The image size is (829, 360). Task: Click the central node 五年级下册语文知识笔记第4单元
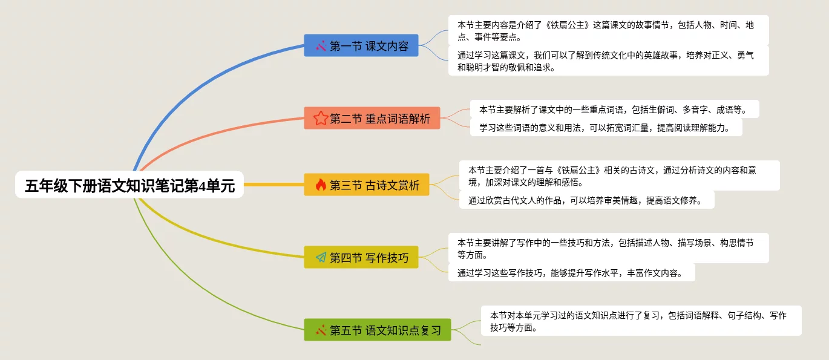[129, 185]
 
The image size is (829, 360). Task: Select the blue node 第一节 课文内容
[361, 45]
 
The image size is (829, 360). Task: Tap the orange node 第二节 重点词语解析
[372, 118]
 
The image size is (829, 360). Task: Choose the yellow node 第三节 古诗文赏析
[366, 185]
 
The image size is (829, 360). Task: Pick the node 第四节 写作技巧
[361, 257]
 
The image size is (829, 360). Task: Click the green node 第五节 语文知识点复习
[378, 330]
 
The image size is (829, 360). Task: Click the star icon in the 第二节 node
[321, 119]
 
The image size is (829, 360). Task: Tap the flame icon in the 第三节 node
[321, 185]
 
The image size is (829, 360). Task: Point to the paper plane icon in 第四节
[321, 257]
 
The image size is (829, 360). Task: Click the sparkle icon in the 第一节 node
[321, 45]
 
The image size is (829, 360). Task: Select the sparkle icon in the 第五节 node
[321, 330]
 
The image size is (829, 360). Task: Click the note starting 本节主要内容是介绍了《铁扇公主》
[608, 30]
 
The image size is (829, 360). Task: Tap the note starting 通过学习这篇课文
[608, 61]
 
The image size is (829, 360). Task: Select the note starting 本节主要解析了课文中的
[614, 109]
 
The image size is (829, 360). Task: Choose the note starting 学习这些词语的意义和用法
[606, 127]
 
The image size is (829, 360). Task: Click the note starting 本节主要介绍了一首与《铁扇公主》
[620, 175]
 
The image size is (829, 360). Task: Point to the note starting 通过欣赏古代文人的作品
[586, 200]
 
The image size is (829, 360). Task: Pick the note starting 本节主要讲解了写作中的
[608, 248]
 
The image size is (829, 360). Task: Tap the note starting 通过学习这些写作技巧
[572, 272]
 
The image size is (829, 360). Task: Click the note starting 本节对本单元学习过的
[641, 321]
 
